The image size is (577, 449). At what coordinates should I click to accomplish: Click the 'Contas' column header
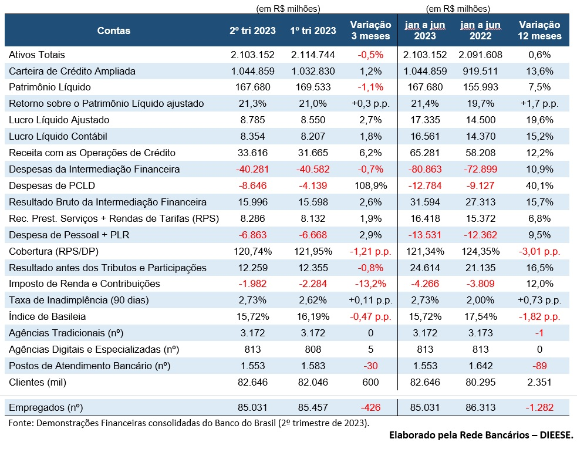click(114, 31)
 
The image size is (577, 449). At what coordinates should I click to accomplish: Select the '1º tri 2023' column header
click(313, 31)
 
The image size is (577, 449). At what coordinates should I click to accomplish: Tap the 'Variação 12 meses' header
click(539, 31)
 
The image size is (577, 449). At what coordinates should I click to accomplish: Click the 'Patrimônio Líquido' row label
click(50, 87)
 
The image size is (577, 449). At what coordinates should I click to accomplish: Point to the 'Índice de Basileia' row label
click(48, 316)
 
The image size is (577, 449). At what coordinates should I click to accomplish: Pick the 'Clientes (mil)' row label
click(38, 382)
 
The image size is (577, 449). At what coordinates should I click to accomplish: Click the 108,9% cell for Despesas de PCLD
click(370, 185)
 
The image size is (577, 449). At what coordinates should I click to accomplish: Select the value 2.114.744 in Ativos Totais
click(313, 55)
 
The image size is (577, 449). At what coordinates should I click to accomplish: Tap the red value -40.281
click(252, 169)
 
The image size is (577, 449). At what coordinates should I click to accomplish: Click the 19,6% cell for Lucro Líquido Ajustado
click(539, 120)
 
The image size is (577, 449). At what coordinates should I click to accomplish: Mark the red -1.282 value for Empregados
click(539, 407)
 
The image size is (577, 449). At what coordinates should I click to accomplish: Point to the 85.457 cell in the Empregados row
click(313, 407)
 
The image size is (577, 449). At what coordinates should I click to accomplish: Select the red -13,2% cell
click(370, 284)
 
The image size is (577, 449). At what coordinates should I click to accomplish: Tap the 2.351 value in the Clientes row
click(539, 382)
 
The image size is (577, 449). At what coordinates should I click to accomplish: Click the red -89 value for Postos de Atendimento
click(539, 366)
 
